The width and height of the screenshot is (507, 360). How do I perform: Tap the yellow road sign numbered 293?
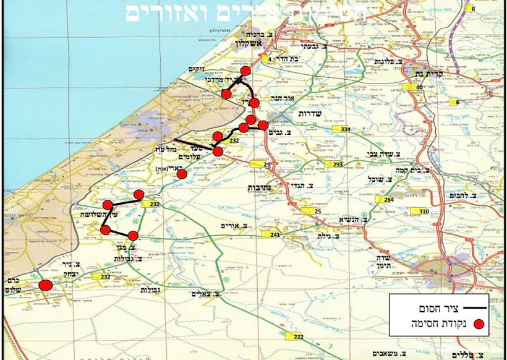[x=338, y=165]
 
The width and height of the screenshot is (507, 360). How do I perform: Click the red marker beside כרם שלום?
[x=45, y=285]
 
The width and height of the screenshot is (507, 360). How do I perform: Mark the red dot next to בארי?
[x=181, y=174]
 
